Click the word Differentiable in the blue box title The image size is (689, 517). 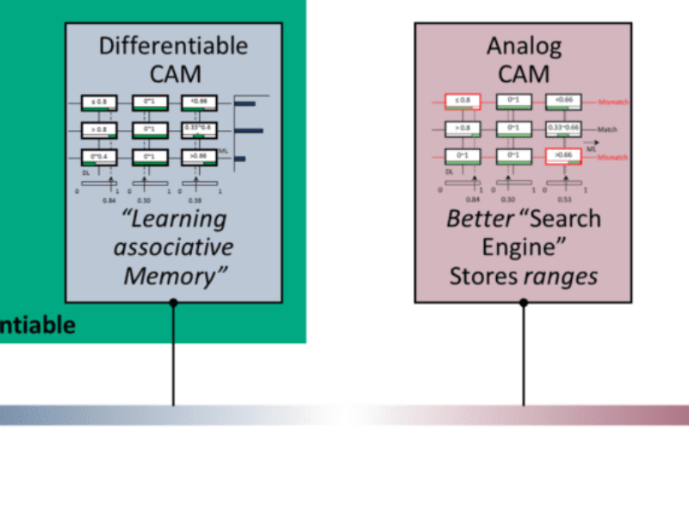pyautogui.click(x=173, y=45)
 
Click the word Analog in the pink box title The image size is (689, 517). pyautogui.click(x=524, y=45)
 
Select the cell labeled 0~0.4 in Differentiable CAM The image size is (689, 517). pyautogui.click(x=98, y=157)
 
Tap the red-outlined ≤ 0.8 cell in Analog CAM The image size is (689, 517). pyautogui.click(x=462, y=101)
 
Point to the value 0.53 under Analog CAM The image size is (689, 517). pyautogui.click(x=567, y=199)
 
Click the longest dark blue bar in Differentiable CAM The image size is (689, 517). pyautogui.click(x=249, y=131)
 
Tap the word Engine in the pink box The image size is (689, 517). pyautogui.click(x=524, y=247)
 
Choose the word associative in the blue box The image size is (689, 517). pyautogui.click(x=173, y=247)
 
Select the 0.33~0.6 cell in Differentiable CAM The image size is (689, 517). pyautogui.click(x=199, y=128)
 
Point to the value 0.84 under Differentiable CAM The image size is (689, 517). pyautogui.click(x=109, y=199)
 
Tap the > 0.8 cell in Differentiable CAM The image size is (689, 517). pyautogui.click(x=98, y=129)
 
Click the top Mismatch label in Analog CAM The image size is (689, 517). pyautogui.click(x=613, y=102)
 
